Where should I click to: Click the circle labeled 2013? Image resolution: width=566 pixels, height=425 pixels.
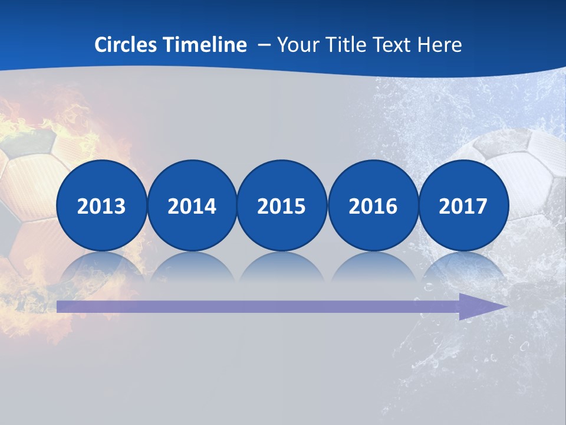pyautogui.click(x=101, y=205)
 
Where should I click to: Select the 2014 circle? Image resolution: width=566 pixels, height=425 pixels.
pyautogui.click(x=192, y=205)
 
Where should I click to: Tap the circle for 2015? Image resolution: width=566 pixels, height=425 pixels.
pyautogui.click(x=282, y=205)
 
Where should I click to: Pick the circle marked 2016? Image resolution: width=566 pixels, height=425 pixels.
pyautogui.click(x=373, y=205)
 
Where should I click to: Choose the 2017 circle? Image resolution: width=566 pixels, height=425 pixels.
pyautogui.click(x=463, y=205)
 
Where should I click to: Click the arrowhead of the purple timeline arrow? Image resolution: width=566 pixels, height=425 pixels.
pyautogui.click(x=481, y=306)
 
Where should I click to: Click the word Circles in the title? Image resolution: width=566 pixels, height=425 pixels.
pyautogui.click(x=126, y=45)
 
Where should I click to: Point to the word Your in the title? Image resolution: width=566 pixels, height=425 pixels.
pyautogui.click(x=295, y=45)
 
